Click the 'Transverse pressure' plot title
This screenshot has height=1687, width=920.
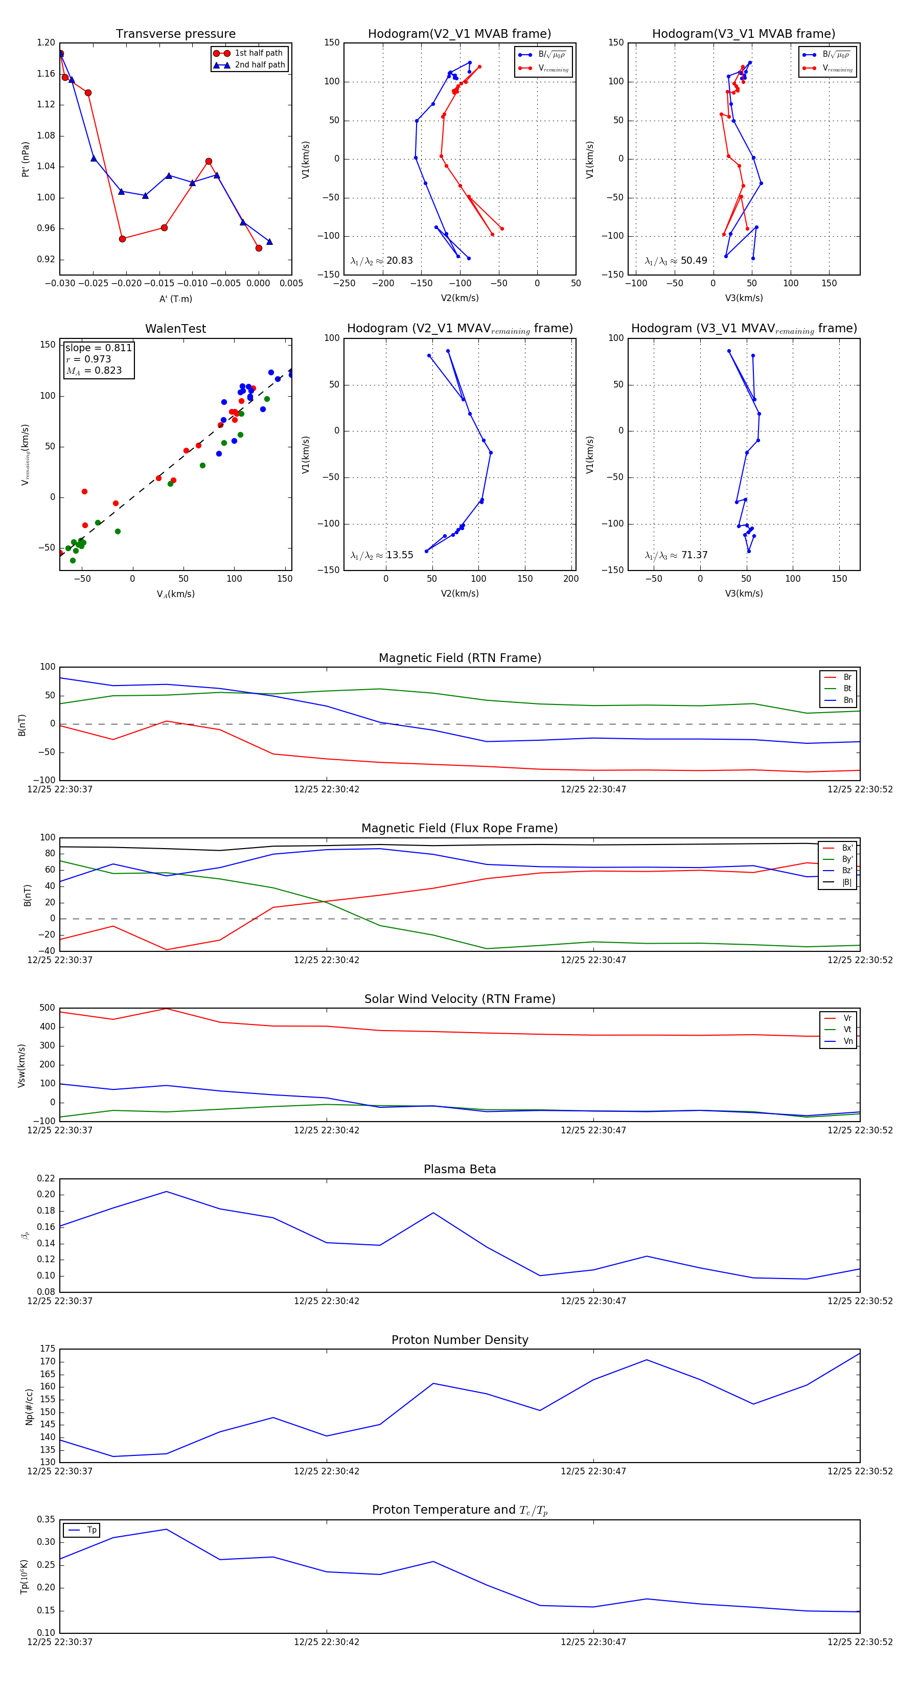pyautogui.click(x=175, y=34)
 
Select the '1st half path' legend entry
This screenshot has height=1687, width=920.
pyautogui.click(x=258, y=53)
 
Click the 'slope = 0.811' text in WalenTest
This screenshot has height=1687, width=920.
pyautogui.click(x=98, y=348)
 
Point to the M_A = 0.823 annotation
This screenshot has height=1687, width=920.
pyautogui.click(x=94, y=371)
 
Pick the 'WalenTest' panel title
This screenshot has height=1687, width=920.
pyautogui.click(x=175, y=329)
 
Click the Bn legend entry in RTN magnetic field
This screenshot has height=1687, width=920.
pyautogui.click(x=847, y=700)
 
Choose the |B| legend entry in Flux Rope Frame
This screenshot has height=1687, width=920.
pyautogui.click(x=847, y=882)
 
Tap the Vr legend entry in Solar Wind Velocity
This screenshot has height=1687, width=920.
pyautogui.click(x=847, y=1018)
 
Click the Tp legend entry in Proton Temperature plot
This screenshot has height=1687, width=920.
pyautogui.click(x=91, y=1531)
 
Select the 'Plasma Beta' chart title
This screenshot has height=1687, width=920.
pyautogui.click(x=459, y=1170)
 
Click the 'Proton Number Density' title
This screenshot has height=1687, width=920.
pyautogui.click(x=459, y=1340)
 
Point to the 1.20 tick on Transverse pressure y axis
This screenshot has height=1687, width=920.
pyautogui.click(x=46, y=42)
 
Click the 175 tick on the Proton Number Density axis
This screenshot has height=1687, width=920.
pyautogui.click(x=48, y=1349)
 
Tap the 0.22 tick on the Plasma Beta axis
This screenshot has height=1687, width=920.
pyautogui.click(x=46, y=1178)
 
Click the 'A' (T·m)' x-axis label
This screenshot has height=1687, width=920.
pyautogui.click(x=175, y=299)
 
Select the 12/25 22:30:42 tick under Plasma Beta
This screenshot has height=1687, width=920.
pyautogui.click(x=326, y=1301)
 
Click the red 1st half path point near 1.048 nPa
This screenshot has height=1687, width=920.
pyautogui.click(x=208, y=161)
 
